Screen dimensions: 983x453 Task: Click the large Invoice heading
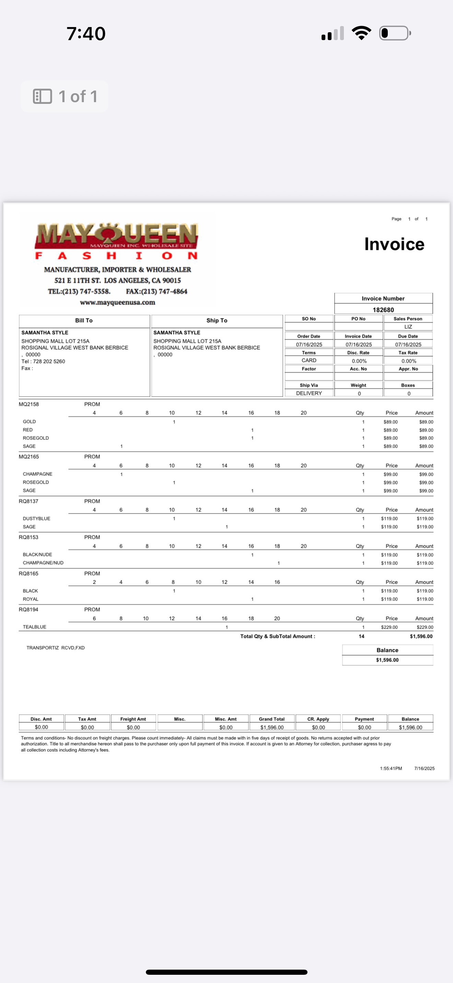[x=394, y=244]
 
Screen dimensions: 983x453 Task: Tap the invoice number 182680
[x=383, y=310]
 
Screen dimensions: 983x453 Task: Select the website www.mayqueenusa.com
[x=117, y=303]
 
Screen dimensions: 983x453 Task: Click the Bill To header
[x=84, y=320]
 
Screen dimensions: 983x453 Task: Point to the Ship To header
[x=217, y=320]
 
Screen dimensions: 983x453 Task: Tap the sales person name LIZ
[x=408, y=327]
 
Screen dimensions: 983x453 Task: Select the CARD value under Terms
[x=309, y=360]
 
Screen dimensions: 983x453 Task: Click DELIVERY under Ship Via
[x=309, y=393]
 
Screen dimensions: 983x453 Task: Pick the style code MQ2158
[x=28, y=404]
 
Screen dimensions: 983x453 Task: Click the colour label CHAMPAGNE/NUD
[x=43, y=563]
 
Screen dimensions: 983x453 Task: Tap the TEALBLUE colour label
[x=34, y=627]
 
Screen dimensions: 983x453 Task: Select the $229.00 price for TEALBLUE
[x=389, y=627]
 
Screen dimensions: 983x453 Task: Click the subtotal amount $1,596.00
[x=421, y=636]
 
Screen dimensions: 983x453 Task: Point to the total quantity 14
[x=361, y=636]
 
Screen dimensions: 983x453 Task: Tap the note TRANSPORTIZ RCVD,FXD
[x=55, y=647]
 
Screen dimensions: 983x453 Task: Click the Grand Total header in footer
[x=271, y=719]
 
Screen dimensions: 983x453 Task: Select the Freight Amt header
[x=133, y=719]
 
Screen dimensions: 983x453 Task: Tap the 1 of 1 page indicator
[x=65, y=96]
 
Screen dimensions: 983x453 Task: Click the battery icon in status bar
[x=395, y=33]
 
